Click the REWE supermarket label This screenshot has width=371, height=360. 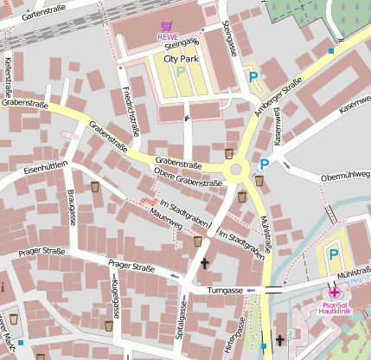(x=166, y=36)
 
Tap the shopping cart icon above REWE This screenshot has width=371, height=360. (x=166, y=27)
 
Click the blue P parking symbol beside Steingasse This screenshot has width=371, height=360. (x=253, y=78)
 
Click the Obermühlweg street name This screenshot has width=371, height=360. (x=345, y=176)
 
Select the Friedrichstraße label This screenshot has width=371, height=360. (x=131, y=112)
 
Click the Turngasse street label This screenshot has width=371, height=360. (x=224, y=291)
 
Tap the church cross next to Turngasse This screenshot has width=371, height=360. (x=205, y=264)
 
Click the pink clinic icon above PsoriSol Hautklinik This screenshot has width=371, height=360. (x=334, y=293)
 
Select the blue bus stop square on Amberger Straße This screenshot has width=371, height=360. (x=331, y=51)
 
